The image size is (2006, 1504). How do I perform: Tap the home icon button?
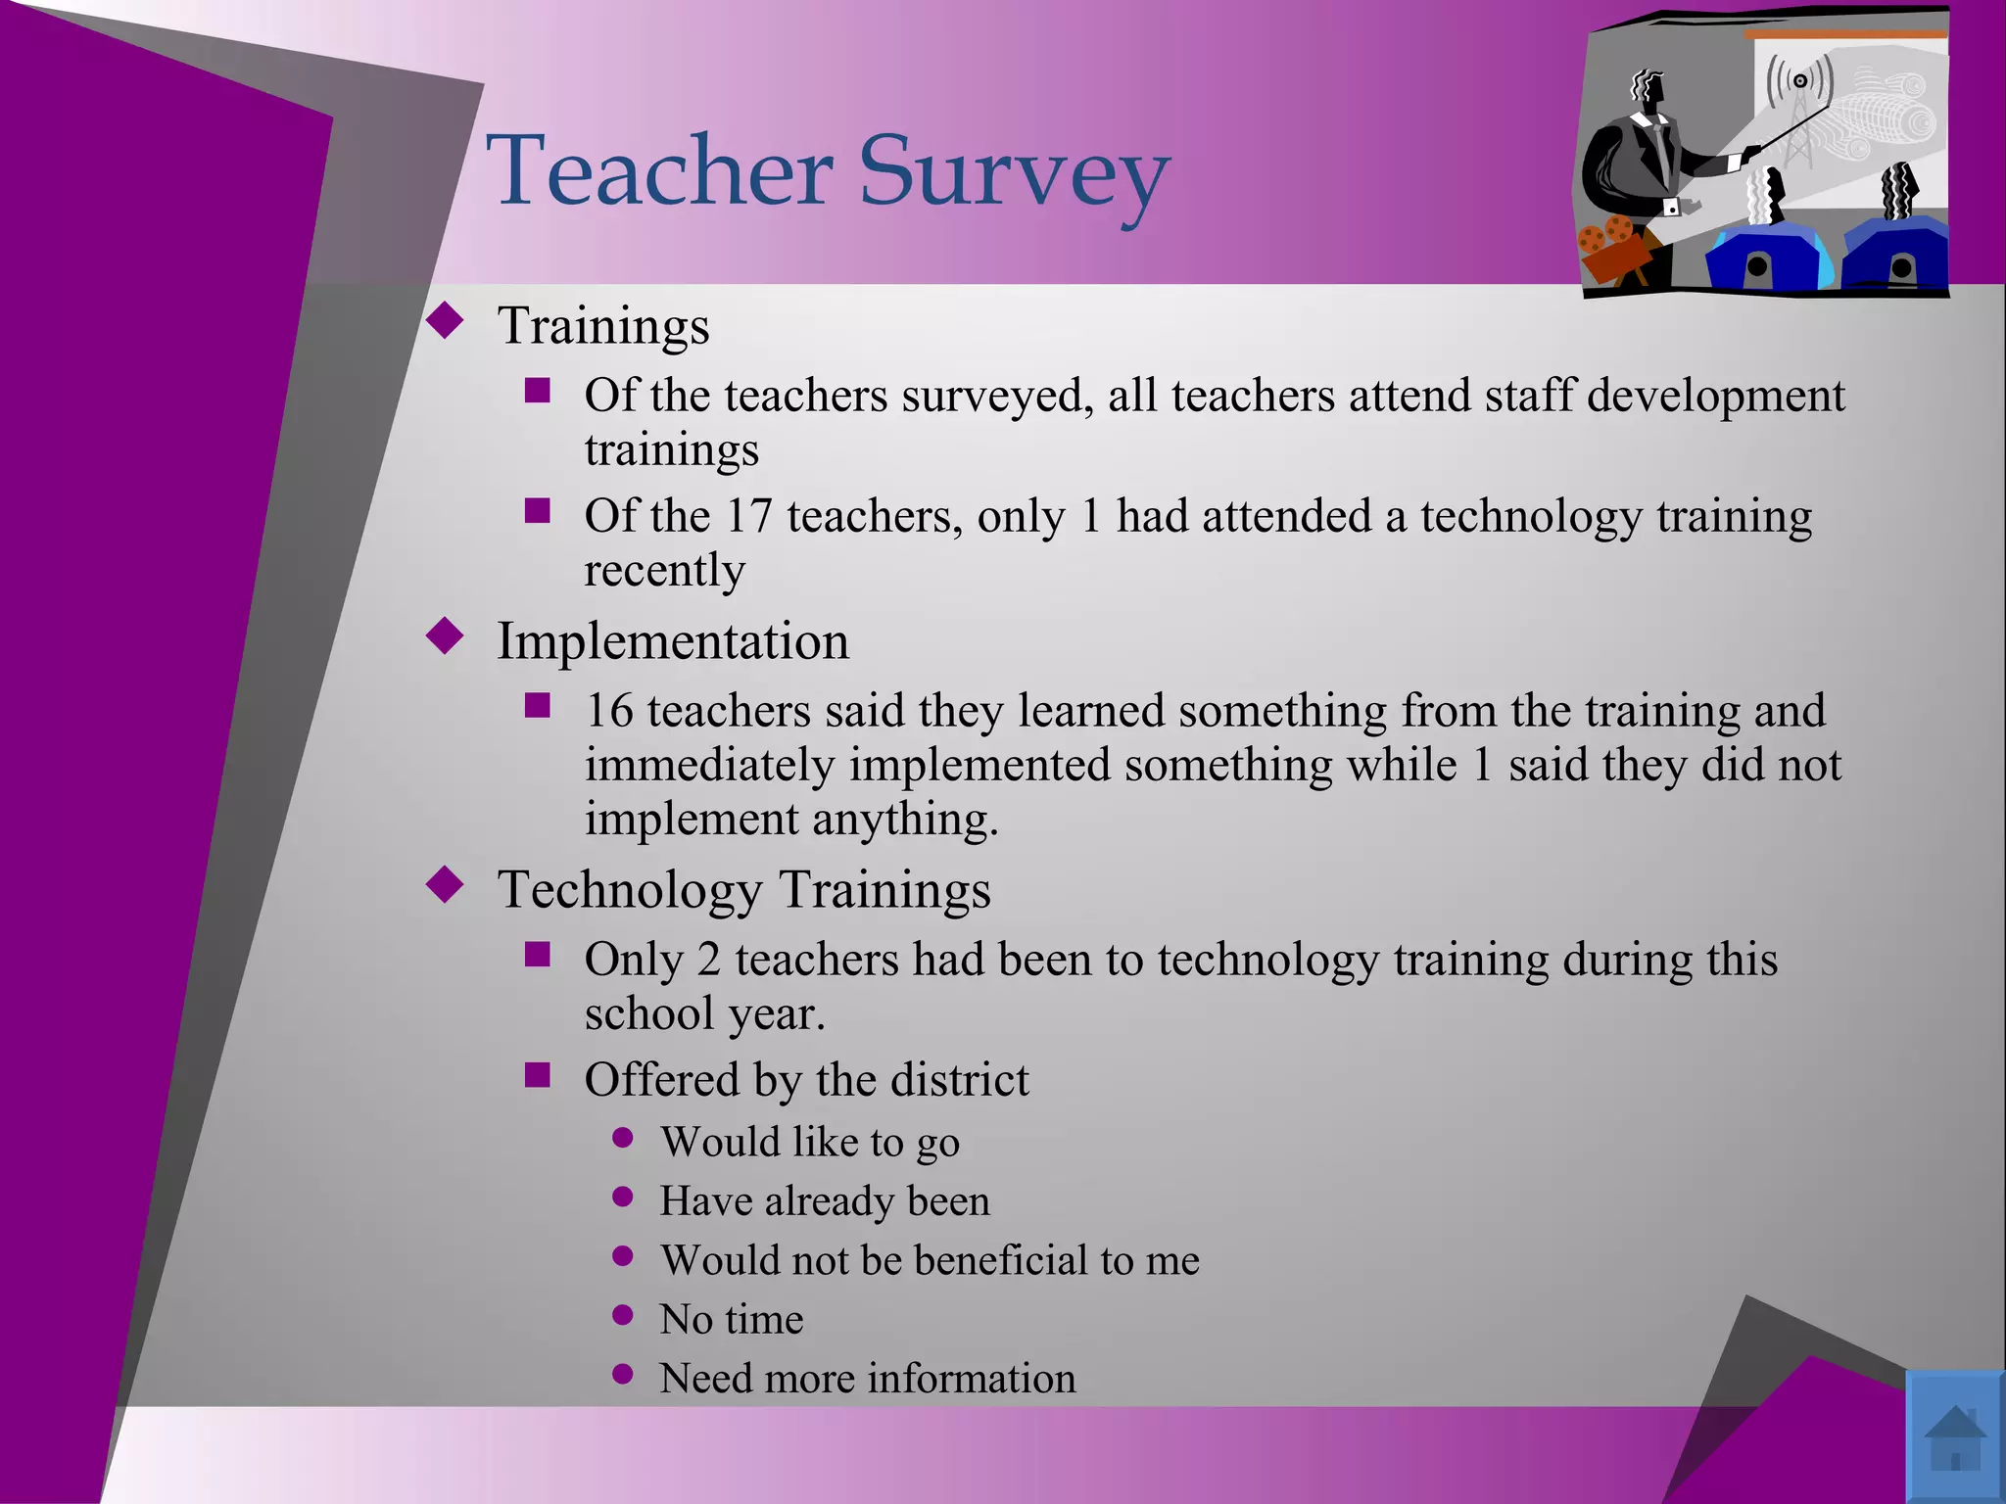point(1955,1436)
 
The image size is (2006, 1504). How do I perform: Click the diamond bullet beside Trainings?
point(446,320)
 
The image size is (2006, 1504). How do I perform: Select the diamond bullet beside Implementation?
point(446,636)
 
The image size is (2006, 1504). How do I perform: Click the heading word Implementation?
point(673,641)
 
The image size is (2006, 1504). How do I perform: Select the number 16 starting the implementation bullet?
point(609,711)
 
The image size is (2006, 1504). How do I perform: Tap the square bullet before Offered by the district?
point(537,1075)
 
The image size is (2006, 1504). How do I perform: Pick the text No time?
point(731,1319)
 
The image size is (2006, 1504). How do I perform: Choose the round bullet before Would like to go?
point(622,1138)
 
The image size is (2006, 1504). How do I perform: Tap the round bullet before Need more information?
point(622,1374)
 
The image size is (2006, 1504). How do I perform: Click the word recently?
point(664,571)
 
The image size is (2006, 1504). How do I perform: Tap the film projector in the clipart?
point(1614,251)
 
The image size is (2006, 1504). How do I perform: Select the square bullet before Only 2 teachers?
point(537,955)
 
